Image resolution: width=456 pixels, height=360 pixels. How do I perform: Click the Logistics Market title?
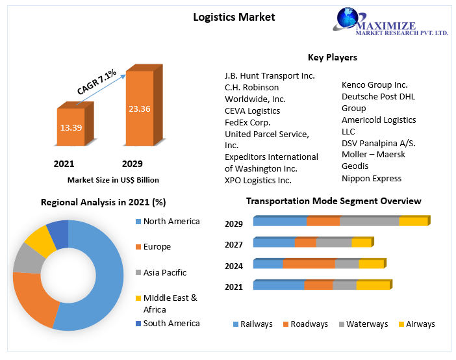tap(234, 17)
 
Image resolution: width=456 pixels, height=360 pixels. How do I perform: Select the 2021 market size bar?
tap(71, 127)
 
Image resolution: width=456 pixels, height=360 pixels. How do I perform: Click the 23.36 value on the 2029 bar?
tap(140, 109)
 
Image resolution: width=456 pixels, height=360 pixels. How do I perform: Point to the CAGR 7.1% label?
tap(96, 83)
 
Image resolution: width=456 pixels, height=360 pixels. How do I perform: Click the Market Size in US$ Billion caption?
tap(113, 180)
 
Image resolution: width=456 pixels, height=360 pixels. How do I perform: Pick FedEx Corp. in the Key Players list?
tap(247, 122)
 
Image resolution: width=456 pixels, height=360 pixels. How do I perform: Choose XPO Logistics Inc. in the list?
tap(258, 180)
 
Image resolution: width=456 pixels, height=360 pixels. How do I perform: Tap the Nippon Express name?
tap(372, 178)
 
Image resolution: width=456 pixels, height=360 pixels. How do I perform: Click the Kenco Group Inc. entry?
tap(375, 84)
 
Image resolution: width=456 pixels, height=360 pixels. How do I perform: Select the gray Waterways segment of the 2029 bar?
tap(369, 222)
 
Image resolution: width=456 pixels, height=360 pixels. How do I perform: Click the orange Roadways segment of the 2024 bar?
tap(309, 264)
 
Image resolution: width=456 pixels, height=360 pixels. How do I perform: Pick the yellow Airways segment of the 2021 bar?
tap(372, 285)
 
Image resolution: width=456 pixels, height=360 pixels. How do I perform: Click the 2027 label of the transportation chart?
tap(234, 244)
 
